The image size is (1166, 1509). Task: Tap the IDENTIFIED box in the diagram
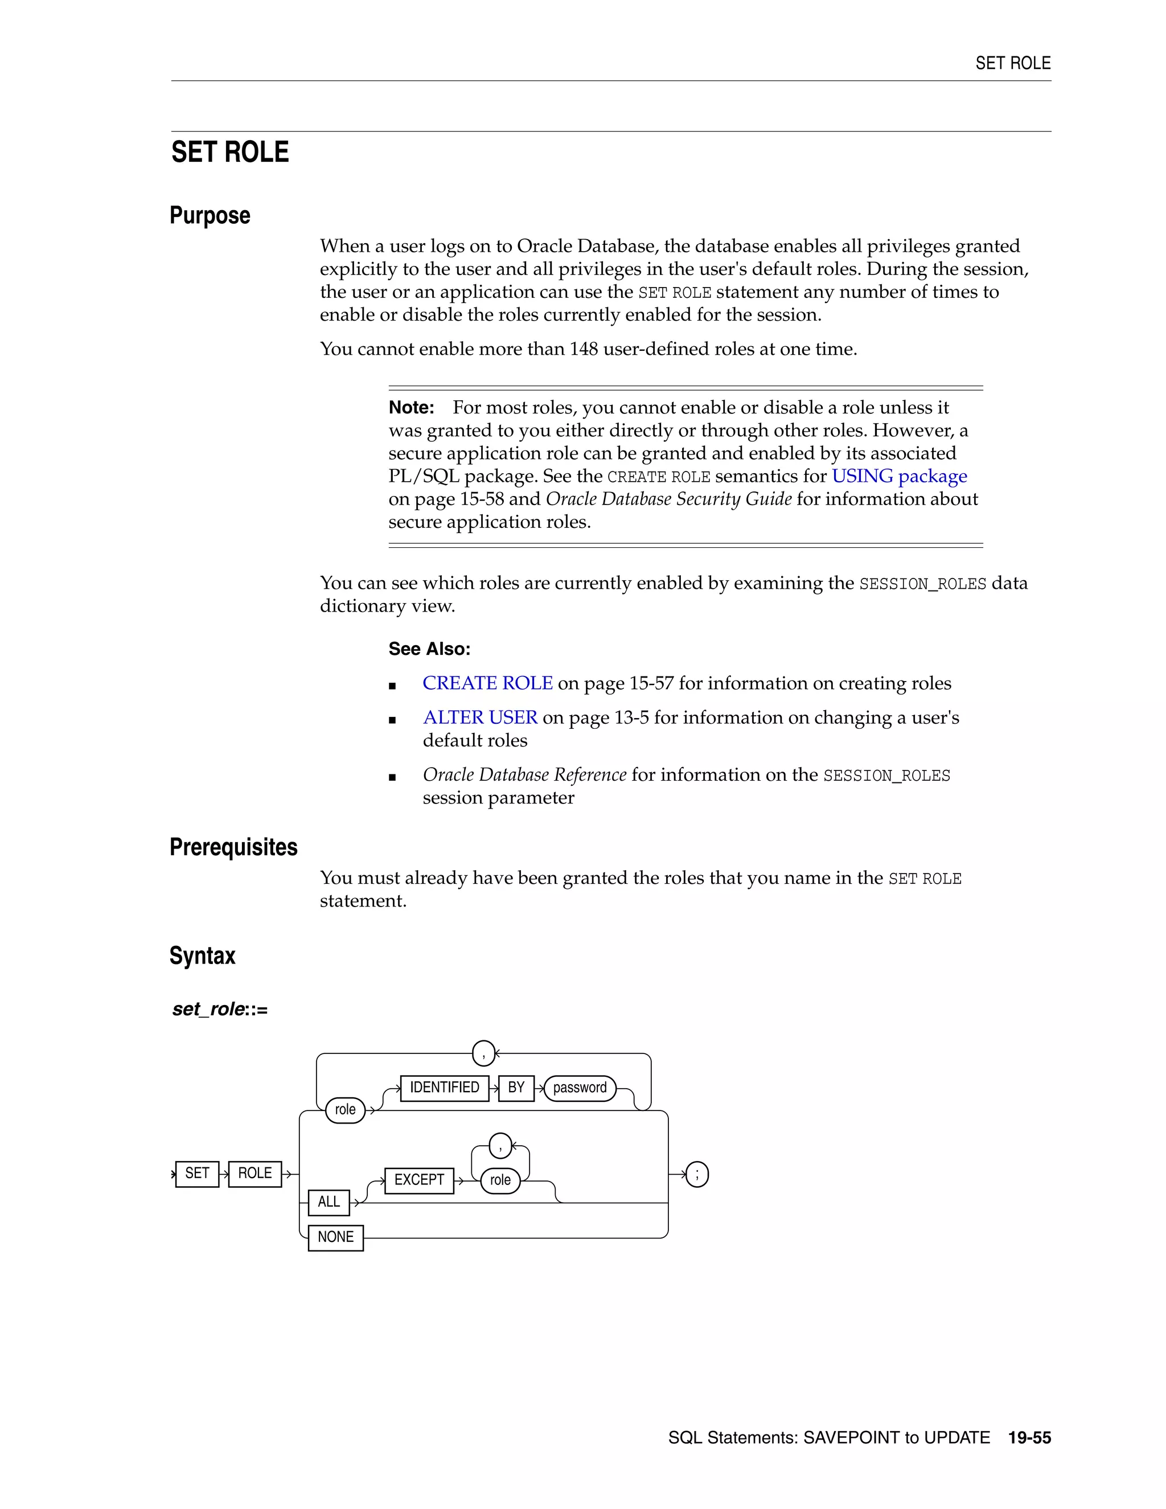(x=444, y=1088)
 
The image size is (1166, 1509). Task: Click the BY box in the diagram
(x=516, y=1088)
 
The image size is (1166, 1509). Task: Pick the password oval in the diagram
(x=580, y=1088)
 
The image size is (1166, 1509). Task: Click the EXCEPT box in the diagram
(x=418, y=1180)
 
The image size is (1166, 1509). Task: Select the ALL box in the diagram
(x=329, y=1202)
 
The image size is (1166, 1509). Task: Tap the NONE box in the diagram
(x=336, y=1237)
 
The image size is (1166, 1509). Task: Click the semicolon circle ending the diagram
(x=697, y=1174)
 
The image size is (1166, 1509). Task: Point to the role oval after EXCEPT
(x=500, y=1180)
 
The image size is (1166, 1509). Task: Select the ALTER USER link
(x=480, y=718)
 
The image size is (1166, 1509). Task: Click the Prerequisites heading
(x=233, y=847)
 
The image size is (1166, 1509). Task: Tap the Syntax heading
(x=202, y=956)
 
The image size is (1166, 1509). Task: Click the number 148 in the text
(x=583, y=349)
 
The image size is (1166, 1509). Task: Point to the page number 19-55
(x=1029, y=1438)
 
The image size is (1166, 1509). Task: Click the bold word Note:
(x=411, y=408)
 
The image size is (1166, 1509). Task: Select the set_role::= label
(x=220, y=1010)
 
